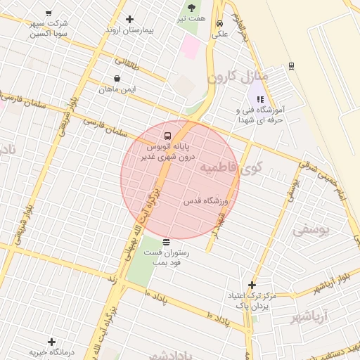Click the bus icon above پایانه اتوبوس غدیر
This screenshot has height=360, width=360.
(167, 135)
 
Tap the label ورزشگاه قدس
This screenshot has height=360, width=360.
(207, 201)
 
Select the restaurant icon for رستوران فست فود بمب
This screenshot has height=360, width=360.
(166, 242)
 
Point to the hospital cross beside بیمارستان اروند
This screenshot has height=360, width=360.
(129, 19)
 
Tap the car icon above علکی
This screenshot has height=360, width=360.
(220, 21)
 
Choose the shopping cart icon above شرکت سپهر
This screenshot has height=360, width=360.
(48, 13)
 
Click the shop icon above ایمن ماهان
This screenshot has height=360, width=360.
(117, 78)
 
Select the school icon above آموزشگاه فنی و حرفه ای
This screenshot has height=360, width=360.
(260, 99)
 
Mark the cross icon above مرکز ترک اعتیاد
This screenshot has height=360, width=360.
(252, 285)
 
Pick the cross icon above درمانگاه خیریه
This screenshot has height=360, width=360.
(51, 341)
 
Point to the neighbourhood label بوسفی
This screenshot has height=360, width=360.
(310, 229)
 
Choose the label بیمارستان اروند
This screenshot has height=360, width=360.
(129, 30)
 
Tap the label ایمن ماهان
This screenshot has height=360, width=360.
(117, 89)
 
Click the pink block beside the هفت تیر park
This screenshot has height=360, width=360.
(191, 47)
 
